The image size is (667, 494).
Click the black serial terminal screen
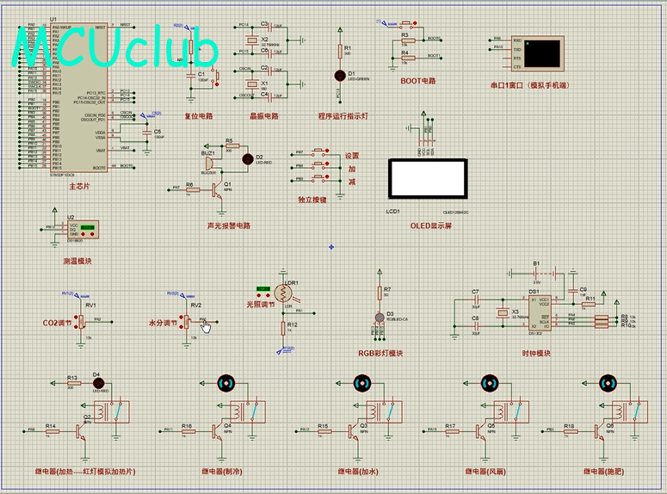pos(546,52)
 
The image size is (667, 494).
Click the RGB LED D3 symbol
pos(380,316)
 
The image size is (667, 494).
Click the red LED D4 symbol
pos(97,383)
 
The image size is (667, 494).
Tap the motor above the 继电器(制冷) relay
pos(227,382)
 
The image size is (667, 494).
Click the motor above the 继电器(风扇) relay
pos(487,382)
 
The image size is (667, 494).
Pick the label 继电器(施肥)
pos(605,472)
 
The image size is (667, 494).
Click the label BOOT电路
pos(418,81)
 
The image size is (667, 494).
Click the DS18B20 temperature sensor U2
pos(82,230)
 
